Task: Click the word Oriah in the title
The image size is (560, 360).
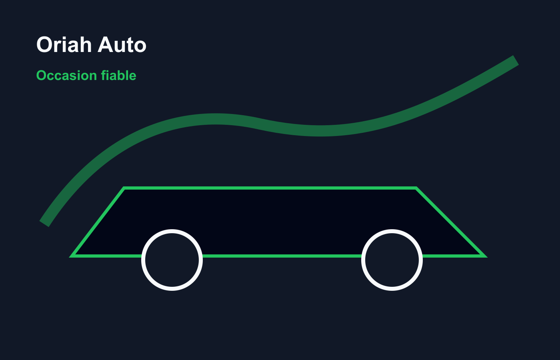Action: pyautogui.click(x=64, y=44)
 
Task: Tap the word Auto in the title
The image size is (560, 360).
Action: pyautogui.click(x=122, y=44)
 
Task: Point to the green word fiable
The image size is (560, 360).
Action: pyautogui.click(x=119, y=75)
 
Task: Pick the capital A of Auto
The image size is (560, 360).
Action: pyautogui.click(x=106, y=44)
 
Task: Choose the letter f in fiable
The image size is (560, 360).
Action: pyautogui.click(x=104, y=75)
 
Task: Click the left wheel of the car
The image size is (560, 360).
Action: pyautogui.click(x=172, y=260)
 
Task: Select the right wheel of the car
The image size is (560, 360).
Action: pyautogui.click(x=392, y=260)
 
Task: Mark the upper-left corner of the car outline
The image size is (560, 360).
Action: pyautogui.click(x=124, y=188)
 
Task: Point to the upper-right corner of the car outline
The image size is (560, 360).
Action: pyautogui.click(x=416, y=188)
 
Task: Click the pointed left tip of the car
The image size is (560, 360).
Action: pyautogui.click(x=70, y=256)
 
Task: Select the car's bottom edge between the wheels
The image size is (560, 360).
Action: pyautogui.click(x=282, y=256)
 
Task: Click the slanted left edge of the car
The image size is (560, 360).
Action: pyautogui.click(x=98, y=222)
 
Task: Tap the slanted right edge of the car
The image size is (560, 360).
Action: pyautogui.click(x=451, y=222)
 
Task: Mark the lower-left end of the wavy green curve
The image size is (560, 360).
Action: pyautogui.click(x=44, y=224)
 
